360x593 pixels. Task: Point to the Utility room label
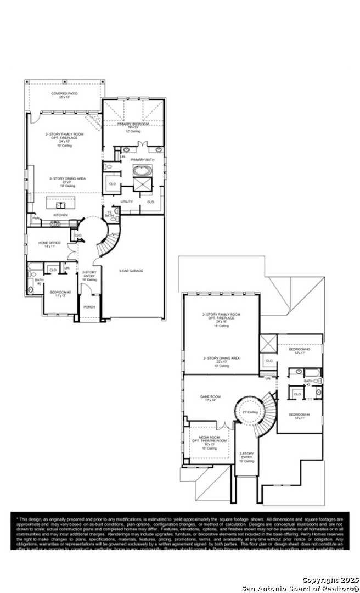(x=127, y=202)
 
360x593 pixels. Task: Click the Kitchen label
(x=60, y=215)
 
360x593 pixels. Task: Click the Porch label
(x=88, y=307)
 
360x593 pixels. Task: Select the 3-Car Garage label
(x=131, y=271)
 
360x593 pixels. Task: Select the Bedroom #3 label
(x=300, y=350)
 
